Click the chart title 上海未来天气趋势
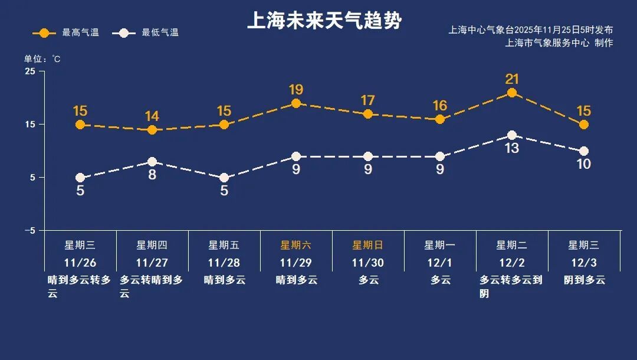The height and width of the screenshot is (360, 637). pyautogui.click(x=324, y=21)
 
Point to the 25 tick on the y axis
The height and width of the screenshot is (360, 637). pyautogui.click(x=30, y=71)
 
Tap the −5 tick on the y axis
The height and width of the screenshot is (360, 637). pyautogui.click(x=30, y=231)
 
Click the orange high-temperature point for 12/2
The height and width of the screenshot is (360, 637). pyautogui.click(x=511, y=93)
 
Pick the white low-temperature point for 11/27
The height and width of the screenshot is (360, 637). pyautogui.click(x=152, y=162)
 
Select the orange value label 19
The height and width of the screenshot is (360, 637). pyautogui.click(x=295, y=90)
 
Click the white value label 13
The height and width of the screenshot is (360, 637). pyautogui.click(x=511, y=148)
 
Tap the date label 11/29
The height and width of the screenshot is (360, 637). pyautogui.click(x=295, y=263)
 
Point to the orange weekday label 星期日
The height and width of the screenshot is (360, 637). pyautogui.click(x=367, y=245)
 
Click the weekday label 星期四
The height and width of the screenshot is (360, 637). pyautogui.click(x=152, y=245)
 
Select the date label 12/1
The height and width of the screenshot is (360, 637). pyautogui.click(x=439, y=263)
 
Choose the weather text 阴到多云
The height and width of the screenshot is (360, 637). pyautogui.click(x=584, y=280)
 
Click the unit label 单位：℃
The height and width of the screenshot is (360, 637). pyautogui.click(x=42, y=59)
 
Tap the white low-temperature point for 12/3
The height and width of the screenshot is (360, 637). pyautogui.click(x=583, y=151)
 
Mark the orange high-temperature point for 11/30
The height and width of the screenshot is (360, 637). pyautogui.click(x=367, y=114)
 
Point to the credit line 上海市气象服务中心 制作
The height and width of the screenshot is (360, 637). pyautogui.click(x=559, y=42)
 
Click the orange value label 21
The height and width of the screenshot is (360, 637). pyautogui.click(x=511, y=79)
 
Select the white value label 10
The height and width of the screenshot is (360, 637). pyautogui.click(x=583, y=164)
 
